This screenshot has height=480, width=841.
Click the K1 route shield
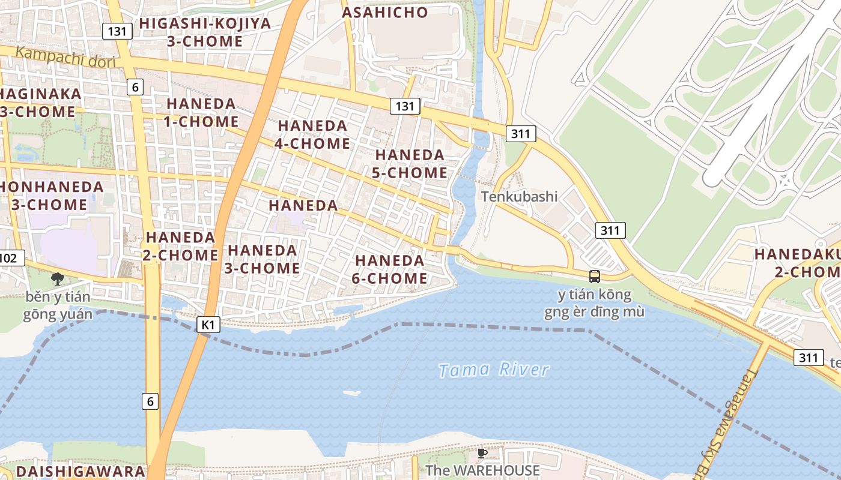pos(208,325)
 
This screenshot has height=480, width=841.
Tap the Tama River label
pos(493,370)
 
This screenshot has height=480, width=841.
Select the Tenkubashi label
pos(519,196)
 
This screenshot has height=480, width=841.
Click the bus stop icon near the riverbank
pos(594,277)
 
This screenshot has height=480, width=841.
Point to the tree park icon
pos(58,278)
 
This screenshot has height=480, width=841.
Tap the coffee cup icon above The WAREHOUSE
pos(482,453)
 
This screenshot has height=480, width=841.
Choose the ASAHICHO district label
pos(385,13)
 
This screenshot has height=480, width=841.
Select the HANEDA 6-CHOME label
pos(390,269)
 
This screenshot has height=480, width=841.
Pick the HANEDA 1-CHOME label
pos(201,112)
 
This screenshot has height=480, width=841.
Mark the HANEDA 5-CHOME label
pos(411,164)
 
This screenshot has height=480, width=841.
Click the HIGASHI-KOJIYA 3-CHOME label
pos(205,32)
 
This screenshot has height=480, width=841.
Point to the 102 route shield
pos(10,258)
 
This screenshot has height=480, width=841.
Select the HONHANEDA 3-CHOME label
pos(48,195)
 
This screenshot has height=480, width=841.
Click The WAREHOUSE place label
pos(482,470)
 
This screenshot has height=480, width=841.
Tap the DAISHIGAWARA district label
pos(80,471)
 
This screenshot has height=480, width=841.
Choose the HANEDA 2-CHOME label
pos(180,246)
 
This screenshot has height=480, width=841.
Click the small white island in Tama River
pos(351,393)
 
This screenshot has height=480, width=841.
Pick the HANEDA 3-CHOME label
pos(262,259)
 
